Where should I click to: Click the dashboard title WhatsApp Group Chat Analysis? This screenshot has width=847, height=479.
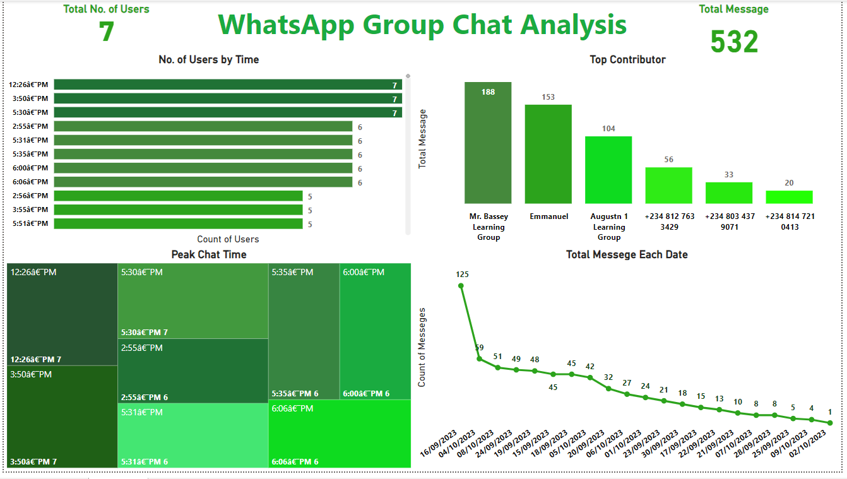[422, 25]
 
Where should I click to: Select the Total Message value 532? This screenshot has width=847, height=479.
[734, 42]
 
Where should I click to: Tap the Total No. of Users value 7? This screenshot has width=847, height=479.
[107, 32]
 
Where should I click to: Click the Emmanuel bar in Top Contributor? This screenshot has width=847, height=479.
[548, 153]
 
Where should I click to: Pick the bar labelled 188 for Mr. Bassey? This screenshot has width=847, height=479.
[488, 142]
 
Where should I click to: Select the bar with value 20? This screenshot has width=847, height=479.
[789, 197]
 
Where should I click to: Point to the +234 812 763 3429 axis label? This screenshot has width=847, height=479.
[669, 221]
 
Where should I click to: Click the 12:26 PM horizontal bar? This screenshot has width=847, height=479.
[227, 85]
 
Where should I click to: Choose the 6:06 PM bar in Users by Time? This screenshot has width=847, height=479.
[203, 182]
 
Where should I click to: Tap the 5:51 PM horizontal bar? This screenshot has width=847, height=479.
[178, 223]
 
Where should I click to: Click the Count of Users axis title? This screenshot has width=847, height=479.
[228, 239]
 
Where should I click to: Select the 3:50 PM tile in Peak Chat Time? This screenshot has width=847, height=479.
[62, 417]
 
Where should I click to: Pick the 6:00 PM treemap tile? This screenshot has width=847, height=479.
[375, 331]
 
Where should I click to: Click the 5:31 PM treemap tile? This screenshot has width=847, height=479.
[192, 435]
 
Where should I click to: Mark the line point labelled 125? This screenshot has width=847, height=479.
[461, 286]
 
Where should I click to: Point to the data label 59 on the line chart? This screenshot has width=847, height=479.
[479, 348]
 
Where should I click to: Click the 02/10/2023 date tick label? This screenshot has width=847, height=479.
[810, 446]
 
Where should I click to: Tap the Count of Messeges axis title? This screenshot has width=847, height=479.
[422, 347]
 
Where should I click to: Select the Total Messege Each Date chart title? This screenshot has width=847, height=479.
[627, 255]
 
